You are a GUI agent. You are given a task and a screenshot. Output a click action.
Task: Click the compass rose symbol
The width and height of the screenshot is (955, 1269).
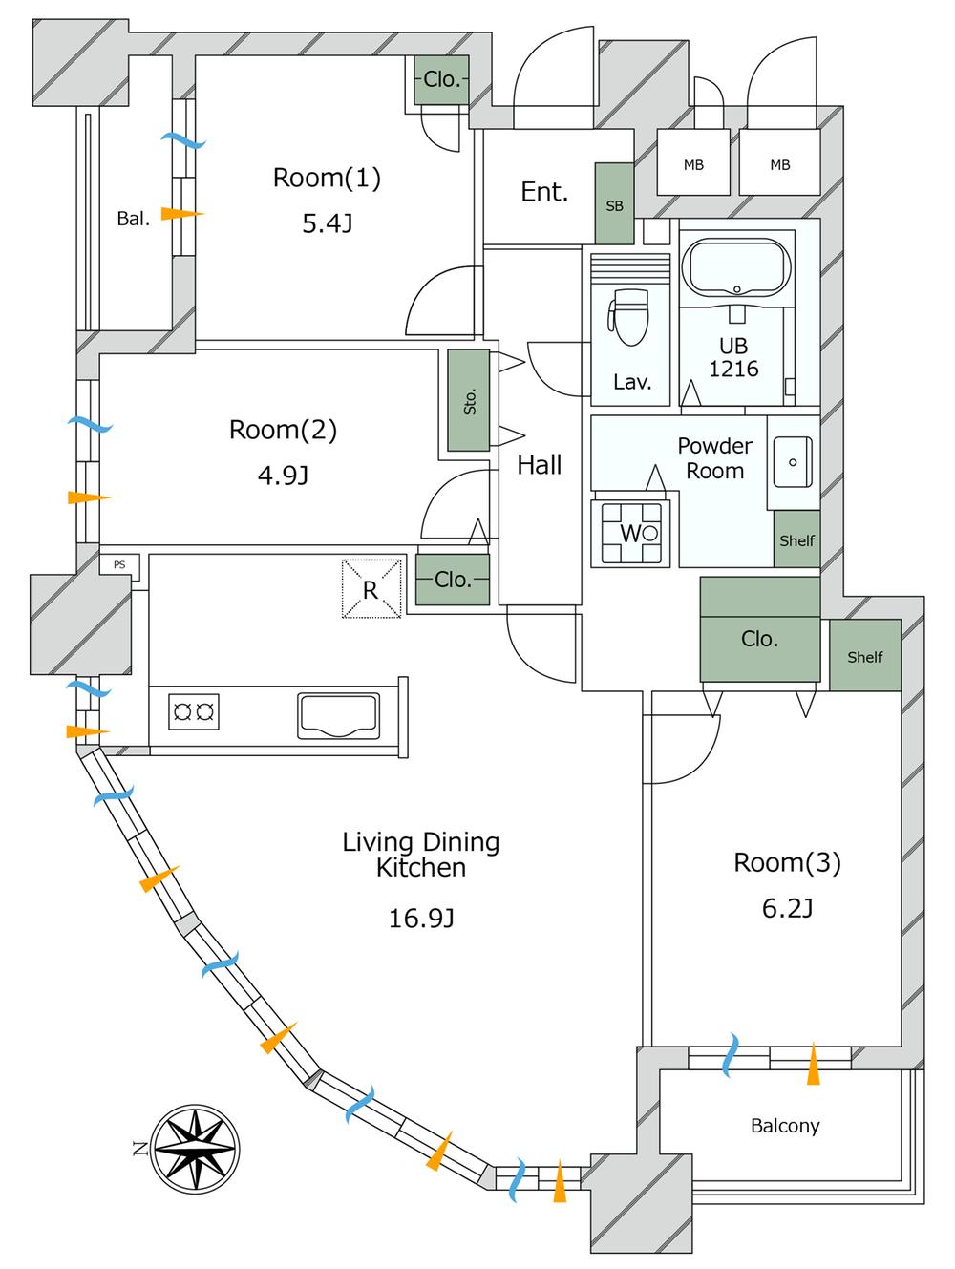pyautogui.click(x=195, y=1149)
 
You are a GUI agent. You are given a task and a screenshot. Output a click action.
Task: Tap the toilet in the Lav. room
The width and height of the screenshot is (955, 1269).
pyautogui.click(x=629, y=318)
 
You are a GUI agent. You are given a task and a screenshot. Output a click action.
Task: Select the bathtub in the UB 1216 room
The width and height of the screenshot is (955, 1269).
pyautogui.click(x=739, y=268)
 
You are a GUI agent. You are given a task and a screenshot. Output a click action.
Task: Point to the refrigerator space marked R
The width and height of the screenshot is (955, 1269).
pyautogui.click(x=371, y=588)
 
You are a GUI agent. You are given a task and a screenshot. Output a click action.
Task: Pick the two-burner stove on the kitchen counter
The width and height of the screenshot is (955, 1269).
pyautogui.click(x=193, y=711)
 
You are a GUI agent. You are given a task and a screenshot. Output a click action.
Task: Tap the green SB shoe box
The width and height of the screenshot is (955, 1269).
pyautogui.click(x=614, y=203)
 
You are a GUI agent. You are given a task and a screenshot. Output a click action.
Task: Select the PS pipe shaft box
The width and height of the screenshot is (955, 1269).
pyautogui.click(x=120, y=565)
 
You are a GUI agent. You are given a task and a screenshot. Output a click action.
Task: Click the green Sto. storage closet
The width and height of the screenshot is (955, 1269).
pyautogui.click(x=469, y=400)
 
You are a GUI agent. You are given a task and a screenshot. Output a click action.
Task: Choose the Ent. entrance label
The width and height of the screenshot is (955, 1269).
pyautogui.click(x=544, y=192)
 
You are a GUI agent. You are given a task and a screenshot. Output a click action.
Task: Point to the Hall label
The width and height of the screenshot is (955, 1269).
pyautogui.click(x=540, y=465)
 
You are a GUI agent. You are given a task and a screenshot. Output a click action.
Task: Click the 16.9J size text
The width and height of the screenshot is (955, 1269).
pyautogui.click(x=420, y=919)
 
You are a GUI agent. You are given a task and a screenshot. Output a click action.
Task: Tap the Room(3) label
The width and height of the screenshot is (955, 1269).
pyautogui.click(x=787, y=863)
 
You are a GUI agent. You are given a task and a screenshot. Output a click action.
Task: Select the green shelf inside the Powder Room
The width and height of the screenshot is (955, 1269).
pyautogui.click(x=796, y=539)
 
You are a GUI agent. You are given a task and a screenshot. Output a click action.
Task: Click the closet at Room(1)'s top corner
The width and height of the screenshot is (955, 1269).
pyautogui.click(x=441, y=80)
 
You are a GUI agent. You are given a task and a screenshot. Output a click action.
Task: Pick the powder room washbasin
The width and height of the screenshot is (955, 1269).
pyautogui.click(x=793, y=462)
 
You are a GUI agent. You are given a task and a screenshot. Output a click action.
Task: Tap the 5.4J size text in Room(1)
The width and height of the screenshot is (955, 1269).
pyautogui.click(x=327, y=224)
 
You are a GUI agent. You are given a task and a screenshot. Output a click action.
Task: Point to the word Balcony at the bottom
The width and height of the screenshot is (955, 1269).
pyautogui.click(x=785, y=1126)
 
